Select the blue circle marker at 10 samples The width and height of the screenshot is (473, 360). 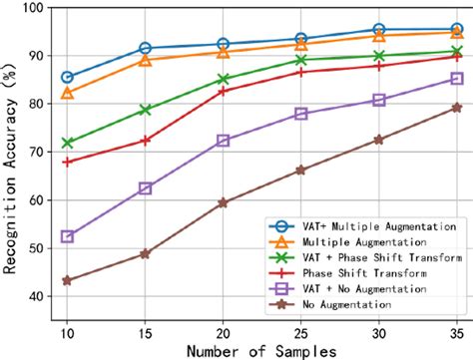tap(68, 77)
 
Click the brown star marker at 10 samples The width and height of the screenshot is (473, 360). tap(68, 281)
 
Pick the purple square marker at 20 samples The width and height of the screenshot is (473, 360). tap(223, 141)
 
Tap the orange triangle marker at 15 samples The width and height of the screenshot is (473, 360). tap(146, 60)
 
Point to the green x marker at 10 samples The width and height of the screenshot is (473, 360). tap(68, 143)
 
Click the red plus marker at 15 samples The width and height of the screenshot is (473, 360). tap(146, 141)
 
